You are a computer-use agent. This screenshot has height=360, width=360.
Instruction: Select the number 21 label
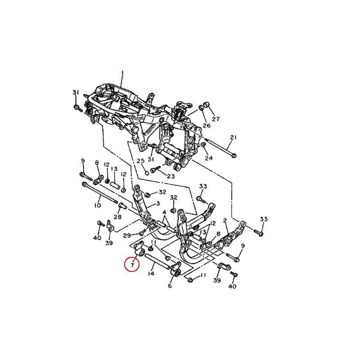tap(234, 137)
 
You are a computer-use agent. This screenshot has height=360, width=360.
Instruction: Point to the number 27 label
tap(216, 119)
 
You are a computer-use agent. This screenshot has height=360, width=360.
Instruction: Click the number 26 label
tap(207, 126)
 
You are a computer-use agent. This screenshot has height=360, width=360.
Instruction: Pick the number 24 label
tap(209, 158)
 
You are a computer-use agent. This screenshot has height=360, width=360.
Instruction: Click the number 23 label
tap(171, 176)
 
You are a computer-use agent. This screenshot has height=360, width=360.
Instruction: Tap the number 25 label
tap(140, 161)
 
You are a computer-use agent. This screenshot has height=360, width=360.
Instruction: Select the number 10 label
tap(98, 205)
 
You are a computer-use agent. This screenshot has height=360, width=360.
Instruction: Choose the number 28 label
tap(117, 216)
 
